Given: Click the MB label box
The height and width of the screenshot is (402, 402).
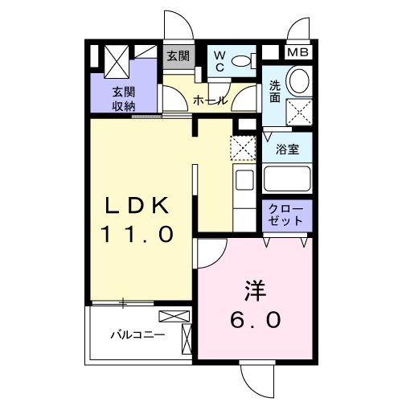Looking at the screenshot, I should coord(297,53).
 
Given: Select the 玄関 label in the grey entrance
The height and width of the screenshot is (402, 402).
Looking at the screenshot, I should coord(178,56).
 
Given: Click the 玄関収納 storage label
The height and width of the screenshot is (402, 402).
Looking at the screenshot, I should coord(123,97).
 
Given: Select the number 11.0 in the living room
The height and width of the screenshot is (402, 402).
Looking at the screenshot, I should coord(137,235).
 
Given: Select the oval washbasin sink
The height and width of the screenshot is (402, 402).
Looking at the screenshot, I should coord(299,80).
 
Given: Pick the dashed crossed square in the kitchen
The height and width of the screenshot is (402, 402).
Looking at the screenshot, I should coord(242,148).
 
